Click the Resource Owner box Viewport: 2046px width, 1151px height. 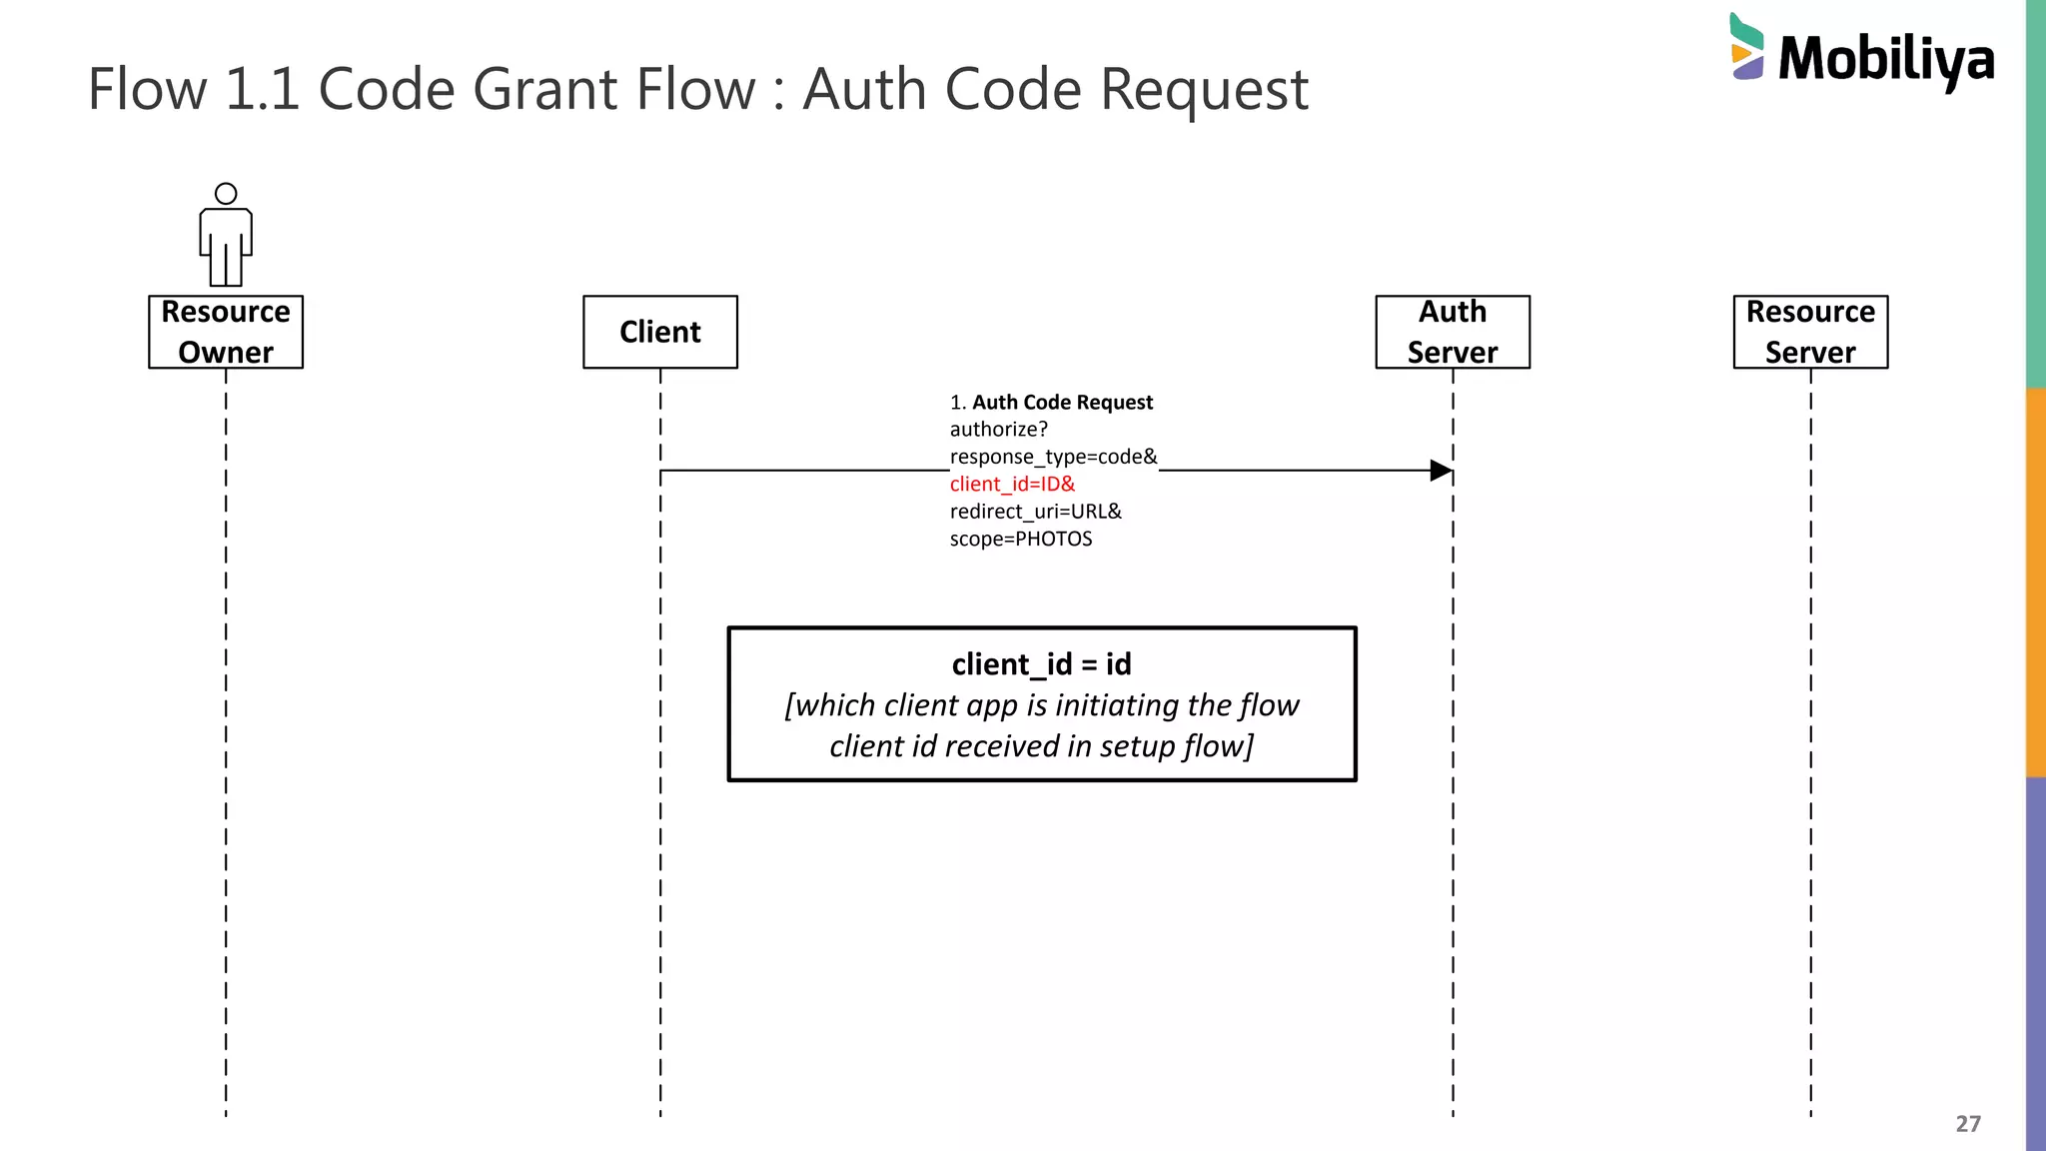coord(226,332)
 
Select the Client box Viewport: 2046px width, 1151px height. coord(660,332)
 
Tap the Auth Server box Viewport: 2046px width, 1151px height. coord(1453,332)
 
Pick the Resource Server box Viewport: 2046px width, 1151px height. coord(1810,332)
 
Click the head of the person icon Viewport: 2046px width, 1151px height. coord(226,194)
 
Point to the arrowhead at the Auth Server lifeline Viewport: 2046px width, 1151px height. coord(1441,471)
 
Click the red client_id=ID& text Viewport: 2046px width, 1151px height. coord(1012,485)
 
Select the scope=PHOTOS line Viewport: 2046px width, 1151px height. coord(1020,540)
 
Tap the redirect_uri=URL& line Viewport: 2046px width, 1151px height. coord(1035,512)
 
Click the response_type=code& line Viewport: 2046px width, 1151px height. coord(1053,457)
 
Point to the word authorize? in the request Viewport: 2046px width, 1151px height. coord(998,430)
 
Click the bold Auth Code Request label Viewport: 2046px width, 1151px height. coord(1062,403)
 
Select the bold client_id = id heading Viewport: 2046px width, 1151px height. coord(1041,664)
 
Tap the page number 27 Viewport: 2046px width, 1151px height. coord(1967,1124)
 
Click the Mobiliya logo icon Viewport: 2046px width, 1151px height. coord(1746,47)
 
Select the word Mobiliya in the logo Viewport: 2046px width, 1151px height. coord(1886,60)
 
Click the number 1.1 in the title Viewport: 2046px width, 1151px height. coord(263,89)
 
